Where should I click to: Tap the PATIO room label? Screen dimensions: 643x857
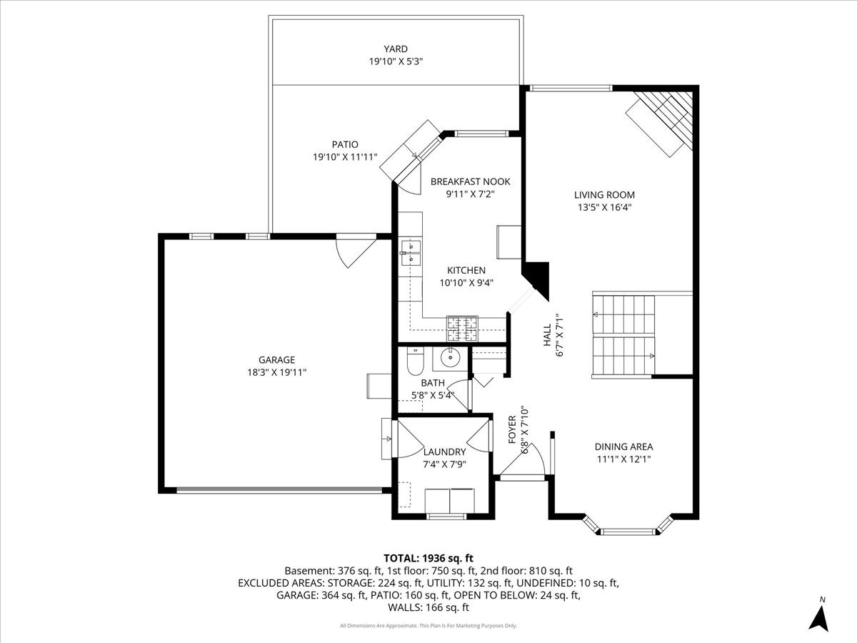click(345, 144)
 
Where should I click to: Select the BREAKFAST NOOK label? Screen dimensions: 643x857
click(470, 181)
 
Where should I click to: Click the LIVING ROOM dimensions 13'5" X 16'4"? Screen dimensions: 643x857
click(604, 208)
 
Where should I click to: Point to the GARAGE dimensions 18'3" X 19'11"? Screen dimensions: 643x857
click(277, 372)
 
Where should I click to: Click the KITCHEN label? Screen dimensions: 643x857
click(466, 270)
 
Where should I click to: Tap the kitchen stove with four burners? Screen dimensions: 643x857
click(462, 328)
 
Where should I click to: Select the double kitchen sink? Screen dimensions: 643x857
click(411, 253)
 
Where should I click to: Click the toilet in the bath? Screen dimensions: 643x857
click(415, 362)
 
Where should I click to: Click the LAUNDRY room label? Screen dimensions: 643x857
click(444, 452)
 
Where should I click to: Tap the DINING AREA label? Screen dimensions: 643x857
click(623, 447)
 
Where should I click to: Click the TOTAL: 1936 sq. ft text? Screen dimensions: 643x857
click(428, 557)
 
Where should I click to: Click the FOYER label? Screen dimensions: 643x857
click(512, 429)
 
